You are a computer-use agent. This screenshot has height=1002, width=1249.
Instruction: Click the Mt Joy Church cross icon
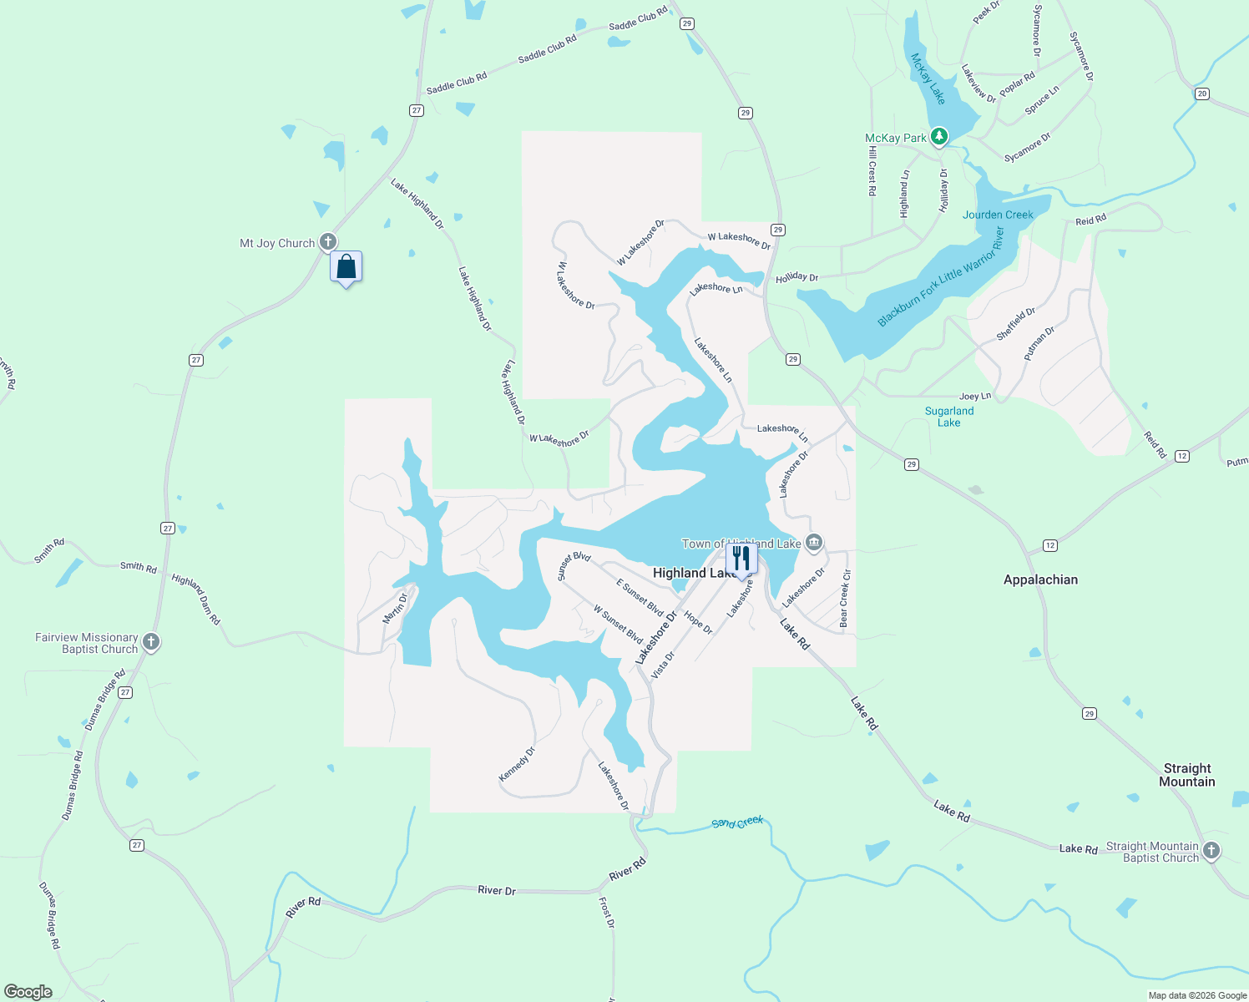coord(329,242)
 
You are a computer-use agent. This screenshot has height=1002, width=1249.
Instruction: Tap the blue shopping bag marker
coord(346,267)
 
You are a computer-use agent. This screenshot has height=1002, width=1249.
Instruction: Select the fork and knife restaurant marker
coord(741,558)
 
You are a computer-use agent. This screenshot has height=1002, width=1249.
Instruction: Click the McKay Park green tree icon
coord(939,136)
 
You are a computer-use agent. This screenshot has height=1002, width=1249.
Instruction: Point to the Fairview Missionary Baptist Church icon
coord(151,642)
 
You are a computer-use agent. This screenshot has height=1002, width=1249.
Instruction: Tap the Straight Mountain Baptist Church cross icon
coord(1211,851)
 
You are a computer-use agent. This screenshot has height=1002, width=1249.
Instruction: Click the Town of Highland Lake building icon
coord(814,543)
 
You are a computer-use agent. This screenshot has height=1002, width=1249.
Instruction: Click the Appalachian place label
coord(1040,579)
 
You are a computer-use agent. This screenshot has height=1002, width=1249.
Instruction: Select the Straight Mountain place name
coord(1186,775)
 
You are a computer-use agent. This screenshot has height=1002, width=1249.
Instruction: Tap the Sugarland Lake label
coord(949,417)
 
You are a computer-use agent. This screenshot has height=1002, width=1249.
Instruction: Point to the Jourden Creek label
coord(998,215)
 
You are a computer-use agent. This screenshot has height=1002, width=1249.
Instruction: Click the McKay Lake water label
coord(928,79)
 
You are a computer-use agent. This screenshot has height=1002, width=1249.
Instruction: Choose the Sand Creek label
coord(737,822)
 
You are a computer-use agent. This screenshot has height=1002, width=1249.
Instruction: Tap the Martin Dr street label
coord(395,608)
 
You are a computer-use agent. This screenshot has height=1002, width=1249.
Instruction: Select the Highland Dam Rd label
coord(196,599)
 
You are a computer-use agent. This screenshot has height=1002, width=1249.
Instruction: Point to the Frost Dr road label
coord(607,913)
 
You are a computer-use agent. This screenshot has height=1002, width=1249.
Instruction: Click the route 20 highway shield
coord(1201,94)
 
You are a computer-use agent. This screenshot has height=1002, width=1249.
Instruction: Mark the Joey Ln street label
coord(975,396)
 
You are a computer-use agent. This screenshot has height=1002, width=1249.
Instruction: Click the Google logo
coord(28,991)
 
